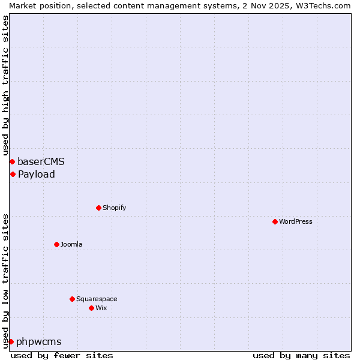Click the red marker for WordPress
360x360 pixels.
[x=275, y=221]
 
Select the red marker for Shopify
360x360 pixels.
[x=98, y=208]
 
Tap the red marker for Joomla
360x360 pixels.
[x=56, y=244]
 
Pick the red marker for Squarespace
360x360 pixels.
[x=72, y=299]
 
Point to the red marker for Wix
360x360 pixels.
[x=91, y=308]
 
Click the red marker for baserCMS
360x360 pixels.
[x=12, y=161]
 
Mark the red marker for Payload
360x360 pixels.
[x=13, y=174]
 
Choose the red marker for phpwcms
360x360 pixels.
[x=11, y=341]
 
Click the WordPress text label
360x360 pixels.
[x=296, y=221]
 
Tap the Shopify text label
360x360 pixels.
[x=114, y=208]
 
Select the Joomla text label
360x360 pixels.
[x=71, y=244]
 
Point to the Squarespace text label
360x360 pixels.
[x=97, y=299]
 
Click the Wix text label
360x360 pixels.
[x=101, y=308]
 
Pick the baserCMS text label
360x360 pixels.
[x=41, y=161]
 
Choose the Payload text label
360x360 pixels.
[x=36, y=174]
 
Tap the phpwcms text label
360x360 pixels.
[x=38, y=341]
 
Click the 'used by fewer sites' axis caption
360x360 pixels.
[x=62, y=355]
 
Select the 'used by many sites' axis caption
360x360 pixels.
[x=301, y=355]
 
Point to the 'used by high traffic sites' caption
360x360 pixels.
[x=5, y=85]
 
